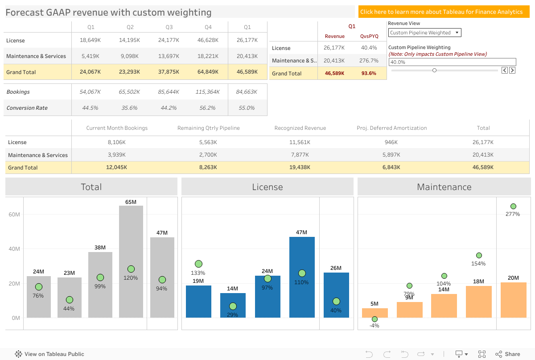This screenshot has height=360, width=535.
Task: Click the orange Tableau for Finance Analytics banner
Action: (443, 12)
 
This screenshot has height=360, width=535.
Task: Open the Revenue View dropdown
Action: (424, 33)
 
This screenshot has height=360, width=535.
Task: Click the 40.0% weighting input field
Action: (452, 62)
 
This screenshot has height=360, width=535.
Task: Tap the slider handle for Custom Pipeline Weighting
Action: (434, 70)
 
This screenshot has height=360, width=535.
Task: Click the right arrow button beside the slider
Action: (512, 70)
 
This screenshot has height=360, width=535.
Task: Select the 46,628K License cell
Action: (208, 40)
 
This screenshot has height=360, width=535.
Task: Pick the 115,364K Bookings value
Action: (208, 92)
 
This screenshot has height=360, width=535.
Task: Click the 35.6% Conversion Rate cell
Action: (130, 108)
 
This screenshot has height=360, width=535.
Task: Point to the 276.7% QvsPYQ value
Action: (369, 61)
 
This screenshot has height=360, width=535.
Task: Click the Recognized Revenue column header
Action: (300, 128)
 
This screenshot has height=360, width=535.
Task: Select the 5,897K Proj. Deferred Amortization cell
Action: (391, 155)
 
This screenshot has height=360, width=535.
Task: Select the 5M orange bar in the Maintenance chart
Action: (374, 312)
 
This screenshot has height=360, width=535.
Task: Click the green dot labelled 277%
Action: (513, 206)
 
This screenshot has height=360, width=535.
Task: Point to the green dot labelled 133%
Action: (198, 264)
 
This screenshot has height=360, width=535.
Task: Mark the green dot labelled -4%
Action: (374, 319)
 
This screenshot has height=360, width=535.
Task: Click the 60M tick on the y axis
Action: (14, 215)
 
